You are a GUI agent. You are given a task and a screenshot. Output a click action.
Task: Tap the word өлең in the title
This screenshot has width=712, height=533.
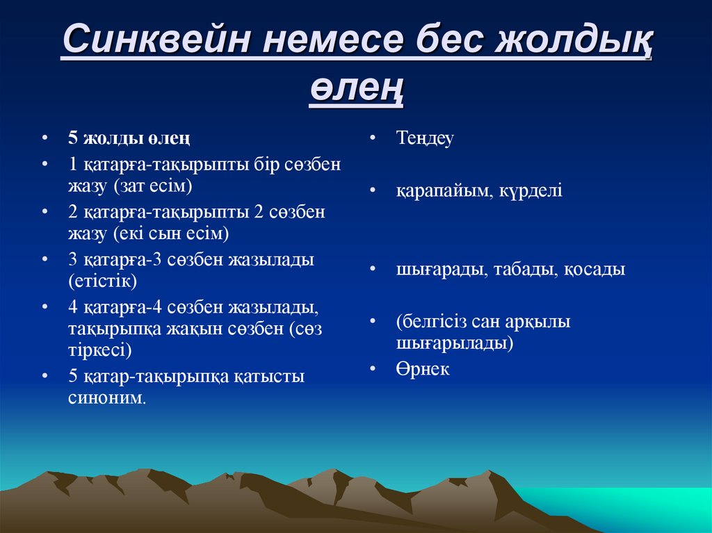click(x=357, y=88)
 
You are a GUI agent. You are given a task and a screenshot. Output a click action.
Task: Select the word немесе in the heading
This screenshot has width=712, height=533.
click(x=333, y=39)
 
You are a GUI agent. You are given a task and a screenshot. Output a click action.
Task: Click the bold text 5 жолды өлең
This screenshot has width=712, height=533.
click(x=129, y=138)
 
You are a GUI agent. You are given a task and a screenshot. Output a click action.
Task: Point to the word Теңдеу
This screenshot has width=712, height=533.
click(x=425, y=138)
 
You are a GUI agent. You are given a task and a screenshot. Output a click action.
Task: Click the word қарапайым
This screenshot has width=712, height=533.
click(x=444, y=190)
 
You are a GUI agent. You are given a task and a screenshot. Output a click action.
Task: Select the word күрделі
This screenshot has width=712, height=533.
click(x=531, y=190)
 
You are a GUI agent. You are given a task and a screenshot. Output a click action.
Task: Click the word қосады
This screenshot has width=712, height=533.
click(x=595, y=270)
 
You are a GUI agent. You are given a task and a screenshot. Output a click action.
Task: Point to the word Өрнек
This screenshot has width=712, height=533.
click(x=422, y=369)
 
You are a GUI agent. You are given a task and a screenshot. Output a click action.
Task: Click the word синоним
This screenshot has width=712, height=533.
click(x=107, y=398)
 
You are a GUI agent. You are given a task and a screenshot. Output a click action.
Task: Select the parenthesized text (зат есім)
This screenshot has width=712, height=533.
click(x=153, y=186)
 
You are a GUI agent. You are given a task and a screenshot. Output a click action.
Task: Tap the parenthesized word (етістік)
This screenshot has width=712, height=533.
click(x=103, y=281)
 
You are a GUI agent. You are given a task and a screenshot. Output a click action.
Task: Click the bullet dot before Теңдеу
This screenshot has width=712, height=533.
click(x=373, y=137)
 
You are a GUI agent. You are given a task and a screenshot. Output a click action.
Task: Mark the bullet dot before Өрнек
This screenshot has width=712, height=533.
click(x=373, y=368)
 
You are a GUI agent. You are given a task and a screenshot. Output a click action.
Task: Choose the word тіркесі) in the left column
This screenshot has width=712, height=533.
click(x=100, y=350)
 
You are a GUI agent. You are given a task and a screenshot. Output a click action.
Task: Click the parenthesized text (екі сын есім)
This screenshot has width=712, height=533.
click(x=171, y=233)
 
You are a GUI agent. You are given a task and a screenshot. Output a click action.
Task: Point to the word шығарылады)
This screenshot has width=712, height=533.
click(x=455, y=343)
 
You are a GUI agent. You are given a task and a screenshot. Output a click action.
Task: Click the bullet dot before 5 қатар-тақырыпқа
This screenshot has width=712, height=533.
click(x=44, y=376)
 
